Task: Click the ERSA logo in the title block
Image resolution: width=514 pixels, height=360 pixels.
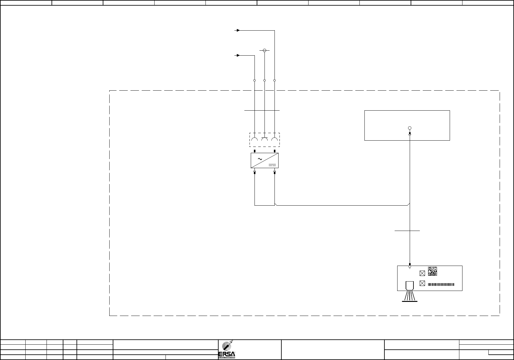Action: pyautogui.click(x=229, y=349)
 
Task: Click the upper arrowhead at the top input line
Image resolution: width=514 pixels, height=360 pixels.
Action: pyautogui.click(x=238, y=30)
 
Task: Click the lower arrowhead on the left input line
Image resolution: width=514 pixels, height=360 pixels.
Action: pyautogui.click(x=238, y=55)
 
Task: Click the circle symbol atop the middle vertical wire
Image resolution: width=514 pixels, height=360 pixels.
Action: pyautogui.click(x=264, y=50)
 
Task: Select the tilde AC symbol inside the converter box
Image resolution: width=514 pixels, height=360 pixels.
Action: pyautogui.click(x=259, y=159)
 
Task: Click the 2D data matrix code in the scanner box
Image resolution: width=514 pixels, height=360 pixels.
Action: pyautogui.click(x=432, y=271)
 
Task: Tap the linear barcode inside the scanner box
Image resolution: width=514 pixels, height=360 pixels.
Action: pyautogui.click(x=441, y=284)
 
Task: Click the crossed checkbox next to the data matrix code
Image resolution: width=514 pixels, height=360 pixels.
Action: pyautogui.click(x=422, y=273)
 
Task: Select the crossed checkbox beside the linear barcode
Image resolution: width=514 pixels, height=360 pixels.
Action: pyautogui.click(x=422, y=283)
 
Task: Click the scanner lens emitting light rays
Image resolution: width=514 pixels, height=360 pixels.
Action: pyautogui.click(x=409, y=286)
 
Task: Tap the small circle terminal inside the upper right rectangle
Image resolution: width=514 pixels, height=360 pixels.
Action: pyautogui.click(x=410, y=128)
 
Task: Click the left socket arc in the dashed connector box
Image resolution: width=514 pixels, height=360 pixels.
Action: pyautogui.click(x=255, y=140)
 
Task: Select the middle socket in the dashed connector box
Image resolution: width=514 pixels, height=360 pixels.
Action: pyautogui.click(x=264, y=140)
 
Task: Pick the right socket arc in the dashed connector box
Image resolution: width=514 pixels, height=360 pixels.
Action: pyautogui.click(x=274, y=140)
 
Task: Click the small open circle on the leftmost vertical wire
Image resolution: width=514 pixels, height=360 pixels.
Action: pyautogui.click(x=255, y=81)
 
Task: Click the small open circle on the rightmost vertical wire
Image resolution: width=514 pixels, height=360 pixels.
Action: pyautogui.click(x=274, y=81)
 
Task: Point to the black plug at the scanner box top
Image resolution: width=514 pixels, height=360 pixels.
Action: pyautogui.click(x=410, y=264)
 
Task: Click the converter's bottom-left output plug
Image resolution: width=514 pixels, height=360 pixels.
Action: pyautogui.click(x=255, y=172)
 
